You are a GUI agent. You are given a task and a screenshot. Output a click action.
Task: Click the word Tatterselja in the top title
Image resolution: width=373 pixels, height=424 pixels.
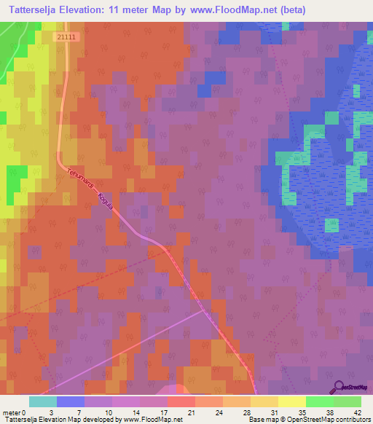(34, 10)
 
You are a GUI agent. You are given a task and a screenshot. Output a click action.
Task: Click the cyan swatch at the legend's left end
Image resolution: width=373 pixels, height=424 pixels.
(42, 401)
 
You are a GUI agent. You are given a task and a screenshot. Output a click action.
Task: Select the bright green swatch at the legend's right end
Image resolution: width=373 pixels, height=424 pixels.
(347, 401)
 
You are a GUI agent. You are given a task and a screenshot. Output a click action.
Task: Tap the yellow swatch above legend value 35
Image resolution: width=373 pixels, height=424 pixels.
(291, 401)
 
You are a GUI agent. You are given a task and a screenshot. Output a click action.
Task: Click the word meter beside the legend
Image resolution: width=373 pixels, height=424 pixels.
(12, 412)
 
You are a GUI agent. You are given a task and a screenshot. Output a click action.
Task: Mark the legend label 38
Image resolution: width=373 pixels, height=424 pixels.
(332, 412)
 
